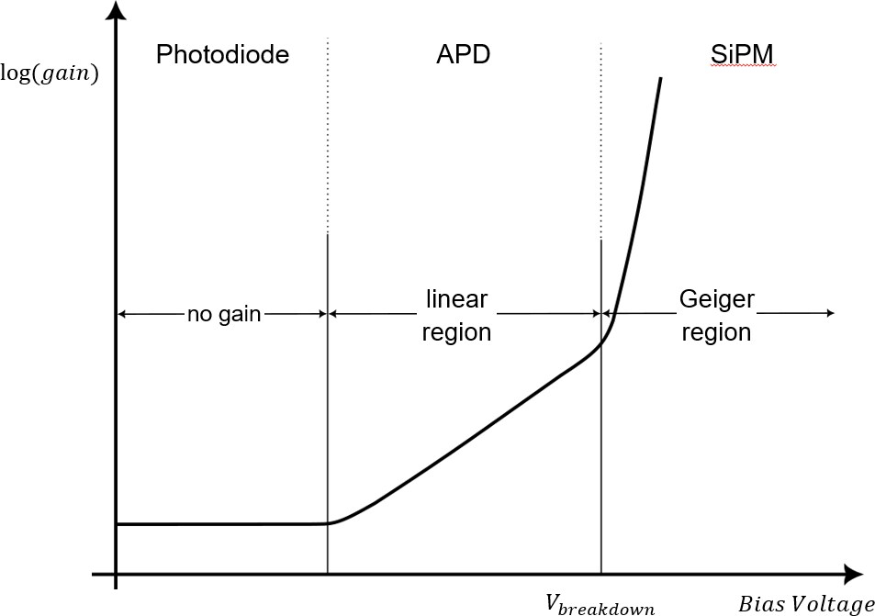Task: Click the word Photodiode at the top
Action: point(222,55)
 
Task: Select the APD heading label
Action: point(463,55)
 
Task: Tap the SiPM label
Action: point(744,55)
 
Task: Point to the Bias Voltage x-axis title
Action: point(805,604)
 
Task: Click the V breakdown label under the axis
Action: point(600,603)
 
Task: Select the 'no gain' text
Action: point(224,315)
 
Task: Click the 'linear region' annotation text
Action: point(456,315)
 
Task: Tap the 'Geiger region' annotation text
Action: point(717,315)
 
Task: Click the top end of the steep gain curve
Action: point(660,79)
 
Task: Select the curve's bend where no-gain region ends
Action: point(329,522)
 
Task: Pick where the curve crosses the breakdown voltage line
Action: point(600,342)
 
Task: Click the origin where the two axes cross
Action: point(116,575)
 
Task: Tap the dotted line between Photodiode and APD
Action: point(328,138)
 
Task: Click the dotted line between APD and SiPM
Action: point(600,138)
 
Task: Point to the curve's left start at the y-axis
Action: point(118,524)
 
